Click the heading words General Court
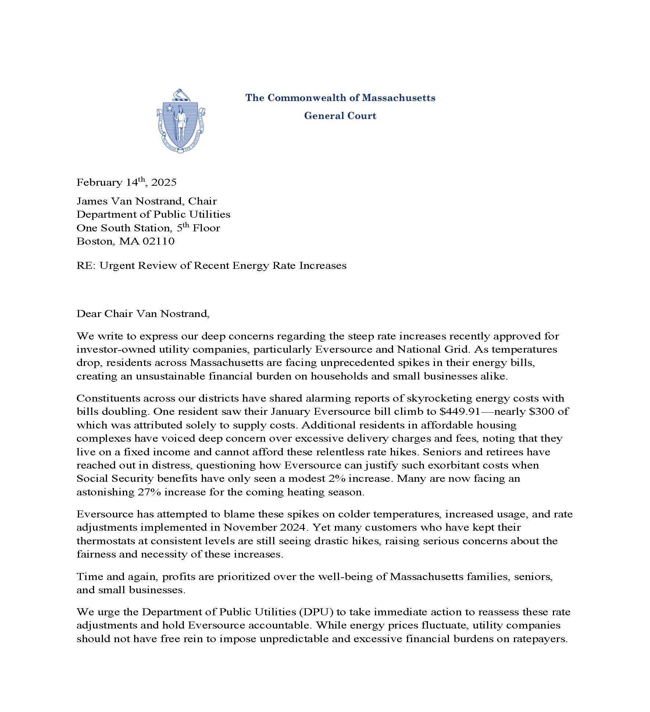tap(340, 116)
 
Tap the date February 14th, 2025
tap(126, 182)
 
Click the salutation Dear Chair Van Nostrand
tap(143, 313)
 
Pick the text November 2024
tap(264, 527)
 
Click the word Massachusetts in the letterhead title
tap(399, 98)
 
